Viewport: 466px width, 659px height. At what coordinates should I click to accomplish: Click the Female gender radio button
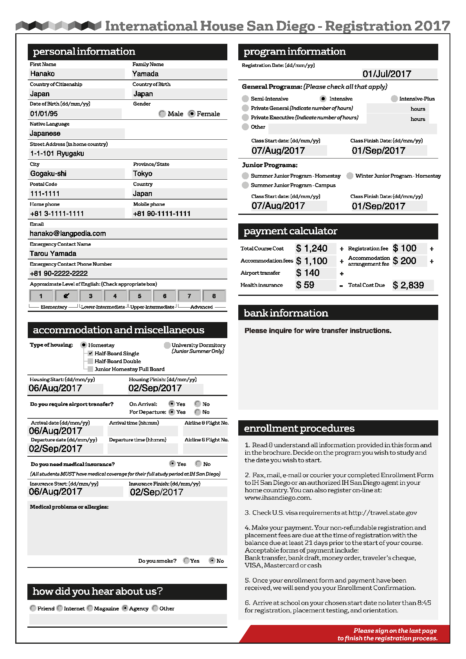coord(191,114)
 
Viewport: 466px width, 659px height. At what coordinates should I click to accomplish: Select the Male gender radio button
coord(162,114)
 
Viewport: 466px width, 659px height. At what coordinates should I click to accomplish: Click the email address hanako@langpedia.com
coord(68,234)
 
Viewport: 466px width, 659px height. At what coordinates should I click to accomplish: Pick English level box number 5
coord(139,296)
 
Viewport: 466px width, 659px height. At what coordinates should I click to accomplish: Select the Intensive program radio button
coord(323,99)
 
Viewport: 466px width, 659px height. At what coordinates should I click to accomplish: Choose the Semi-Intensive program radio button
coord(245,99)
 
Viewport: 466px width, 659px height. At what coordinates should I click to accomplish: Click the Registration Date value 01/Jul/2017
coord(387,74)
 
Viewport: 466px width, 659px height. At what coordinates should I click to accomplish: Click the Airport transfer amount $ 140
coord(308,273)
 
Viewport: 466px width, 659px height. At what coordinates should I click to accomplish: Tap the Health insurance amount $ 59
coord(305,285)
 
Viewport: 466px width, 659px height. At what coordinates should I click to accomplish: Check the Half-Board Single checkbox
coord(90,353)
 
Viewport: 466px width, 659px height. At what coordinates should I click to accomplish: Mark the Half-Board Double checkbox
coord(90,361)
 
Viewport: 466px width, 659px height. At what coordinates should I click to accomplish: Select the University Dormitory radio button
coord(167,345)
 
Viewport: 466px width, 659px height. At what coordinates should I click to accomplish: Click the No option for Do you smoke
coord(212,560)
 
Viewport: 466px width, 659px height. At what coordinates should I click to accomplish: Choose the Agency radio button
coord(125,608)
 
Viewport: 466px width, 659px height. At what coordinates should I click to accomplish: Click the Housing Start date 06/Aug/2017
coord(55,388)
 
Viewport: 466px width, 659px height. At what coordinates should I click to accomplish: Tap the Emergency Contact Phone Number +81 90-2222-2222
coord(59,273)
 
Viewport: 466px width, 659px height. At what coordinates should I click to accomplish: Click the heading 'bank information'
coord(286,313)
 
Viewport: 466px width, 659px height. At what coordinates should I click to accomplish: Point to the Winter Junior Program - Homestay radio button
coord(350,176)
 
